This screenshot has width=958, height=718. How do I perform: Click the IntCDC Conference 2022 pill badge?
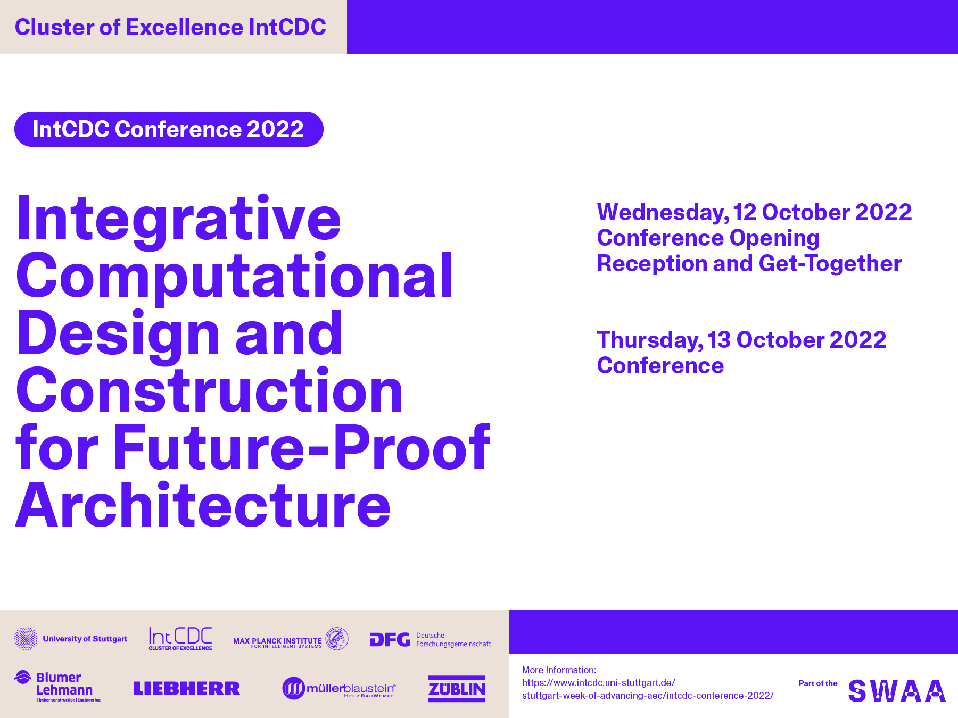[169, 129]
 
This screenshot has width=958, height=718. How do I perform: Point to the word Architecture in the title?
[203, 505]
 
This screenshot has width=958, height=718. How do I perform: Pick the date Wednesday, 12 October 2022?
[754, 213]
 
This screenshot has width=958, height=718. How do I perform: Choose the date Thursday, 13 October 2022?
[741, 340]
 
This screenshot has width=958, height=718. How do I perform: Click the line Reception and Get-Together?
[749, 264]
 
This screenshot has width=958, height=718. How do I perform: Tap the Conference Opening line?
[708, 238]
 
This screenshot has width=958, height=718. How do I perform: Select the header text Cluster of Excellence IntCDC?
[170, 27]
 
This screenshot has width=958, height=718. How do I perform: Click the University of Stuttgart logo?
[71, 638]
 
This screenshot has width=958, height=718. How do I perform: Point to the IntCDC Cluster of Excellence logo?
[180, 638]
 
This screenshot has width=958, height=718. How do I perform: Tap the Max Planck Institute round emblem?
[337, 638]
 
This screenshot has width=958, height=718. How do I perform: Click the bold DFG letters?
[390, 639]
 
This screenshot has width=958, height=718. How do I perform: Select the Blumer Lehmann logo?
[57, 686]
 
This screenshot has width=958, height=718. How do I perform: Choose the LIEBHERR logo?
[187, 688]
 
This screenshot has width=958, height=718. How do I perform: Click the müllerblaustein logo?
[339, 688]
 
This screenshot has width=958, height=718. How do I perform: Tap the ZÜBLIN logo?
[457, 689]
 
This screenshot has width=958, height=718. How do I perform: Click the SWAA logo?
[897, 690]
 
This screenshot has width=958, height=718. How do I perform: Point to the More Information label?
[559, 670]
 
